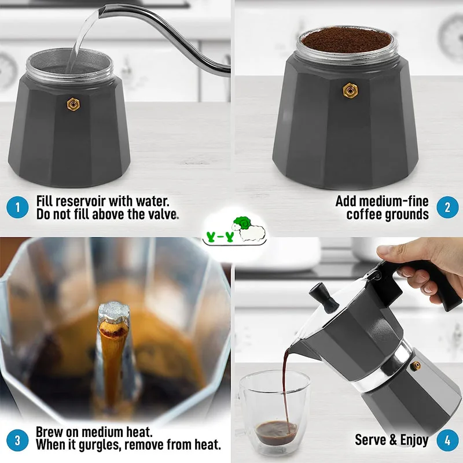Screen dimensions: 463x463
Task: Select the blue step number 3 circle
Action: click(x=18, y=439)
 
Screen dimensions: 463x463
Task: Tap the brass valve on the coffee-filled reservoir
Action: click(x=350, y=90)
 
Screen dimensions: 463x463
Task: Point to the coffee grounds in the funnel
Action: click(x=346, y=39)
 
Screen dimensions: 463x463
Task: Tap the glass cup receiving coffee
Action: click(x=275, y=411)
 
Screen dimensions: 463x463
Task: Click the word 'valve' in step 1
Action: click(x=161, y=215)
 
